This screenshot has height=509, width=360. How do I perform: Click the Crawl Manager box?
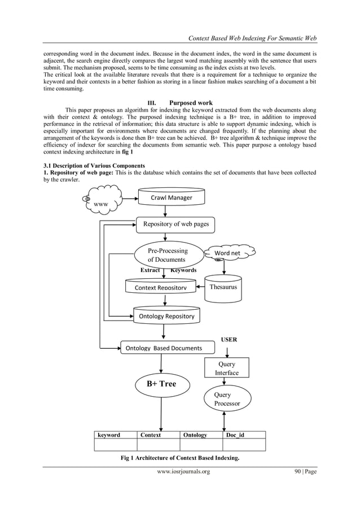click(x=171, y=198)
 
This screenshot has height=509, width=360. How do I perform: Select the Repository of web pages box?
click(x=175, y=224)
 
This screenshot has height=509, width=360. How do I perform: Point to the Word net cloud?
click(x=227, y=253)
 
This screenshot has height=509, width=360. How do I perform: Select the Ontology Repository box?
click(x=166, y=316)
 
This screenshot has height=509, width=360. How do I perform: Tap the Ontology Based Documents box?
click(x=163, y=348)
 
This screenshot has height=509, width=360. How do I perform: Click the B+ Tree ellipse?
click(x=162, y=384)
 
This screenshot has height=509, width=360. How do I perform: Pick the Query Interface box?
click(x=226, y=368)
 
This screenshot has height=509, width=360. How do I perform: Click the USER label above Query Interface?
click(x=229, y=340)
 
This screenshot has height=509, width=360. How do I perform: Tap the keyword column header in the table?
click(x=109, y=435)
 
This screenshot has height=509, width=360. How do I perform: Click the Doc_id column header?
click(x=235, y=435)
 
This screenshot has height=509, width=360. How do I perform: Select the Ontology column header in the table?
click(x=195, y=435)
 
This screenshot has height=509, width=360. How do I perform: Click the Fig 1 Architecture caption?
click(x=180, y=458)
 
